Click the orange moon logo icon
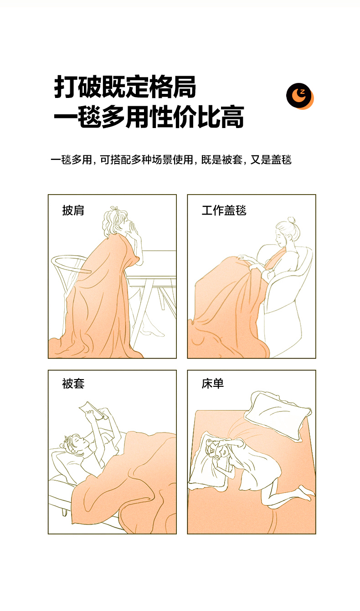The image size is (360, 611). tap(300, 96)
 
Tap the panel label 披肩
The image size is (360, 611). tap(73, 211)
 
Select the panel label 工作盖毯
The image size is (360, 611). tap(224, 211)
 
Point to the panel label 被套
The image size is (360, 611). tap(73, 384)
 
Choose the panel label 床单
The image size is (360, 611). tap(213, 384)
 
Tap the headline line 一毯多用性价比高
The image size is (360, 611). tap(149, 117)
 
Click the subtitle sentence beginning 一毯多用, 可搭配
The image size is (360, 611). tap(171, 160)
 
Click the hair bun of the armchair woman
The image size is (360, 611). tap(292, 220)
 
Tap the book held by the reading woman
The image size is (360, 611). tap(91, 410)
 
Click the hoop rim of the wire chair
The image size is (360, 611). tap(70, 263)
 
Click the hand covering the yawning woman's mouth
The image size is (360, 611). tap(134, 229)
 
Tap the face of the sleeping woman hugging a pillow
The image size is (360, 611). tap(218, 452)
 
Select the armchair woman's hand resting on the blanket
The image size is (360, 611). tap(245, 257)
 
